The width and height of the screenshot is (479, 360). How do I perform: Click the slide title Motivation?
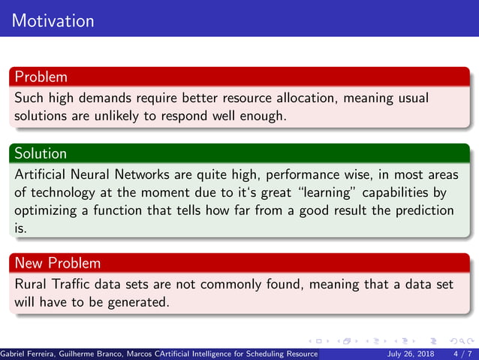pos(53,20)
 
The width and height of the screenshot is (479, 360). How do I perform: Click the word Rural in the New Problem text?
pos(31,285)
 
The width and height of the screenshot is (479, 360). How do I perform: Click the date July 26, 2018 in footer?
pos(410,353)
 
